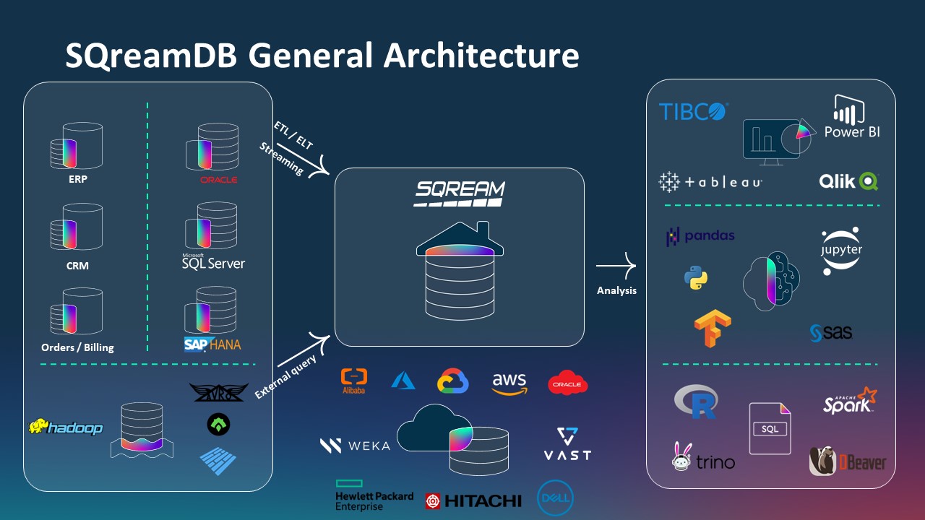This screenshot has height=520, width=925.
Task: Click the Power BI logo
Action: (852, 117)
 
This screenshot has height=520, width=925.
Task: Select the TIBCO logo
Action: (693, 111)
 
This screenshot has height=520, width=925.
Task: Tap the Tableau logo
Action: (710, 182)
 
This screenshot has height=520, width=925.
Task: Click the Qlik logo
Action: (848, 181)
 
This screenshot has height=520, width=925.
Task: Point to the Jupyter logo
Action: (842, 251)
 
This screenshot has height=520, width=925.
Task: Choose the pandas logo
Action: (700, 236)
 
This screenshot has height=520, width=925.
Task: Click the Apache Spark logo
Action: (850, 401)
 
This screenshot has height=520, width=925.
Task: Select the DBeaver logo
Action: (847, 461)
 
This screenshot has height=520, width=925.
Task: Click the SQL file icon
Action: (770, 428)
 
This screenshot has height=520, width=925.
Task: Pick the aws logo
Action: (509, 383)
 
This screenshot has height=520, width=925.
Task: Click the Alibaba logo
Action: (353, 381)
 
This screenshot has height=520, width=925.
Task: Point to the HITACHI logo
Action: (473, 500)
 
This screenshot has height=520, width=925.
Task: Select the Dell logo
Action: (555, 498)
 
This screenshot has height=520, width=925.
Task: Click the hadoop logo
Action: (66, 428)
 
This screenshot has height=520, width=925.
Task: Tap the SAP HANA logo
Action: (212, 344)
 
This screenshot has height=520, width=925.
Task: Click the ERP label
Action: (77, 179)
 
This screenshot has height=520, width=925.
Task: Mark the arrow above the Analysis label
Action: (616, 266)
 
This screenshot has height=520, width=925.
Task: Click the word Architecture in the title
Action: (481, 55)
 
